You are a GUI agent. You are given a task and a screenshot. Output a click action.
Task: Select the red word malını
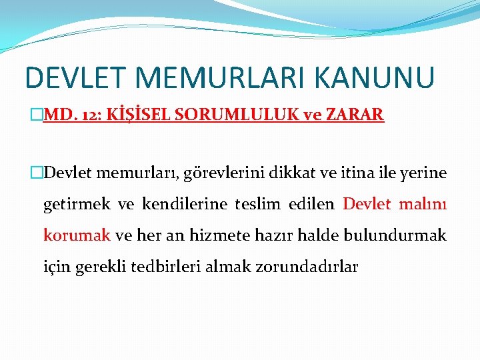point(423,204)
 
